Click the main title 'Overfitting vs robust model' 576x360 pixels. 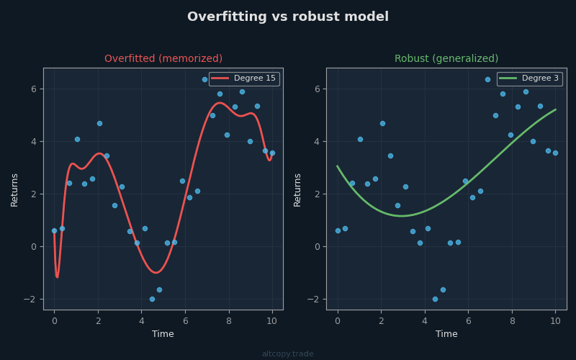tap(288, 17)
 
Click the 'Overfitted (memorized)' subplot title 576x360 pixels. tap(163, 59)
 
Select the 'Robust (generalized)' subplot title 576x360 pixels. tap(446, 59)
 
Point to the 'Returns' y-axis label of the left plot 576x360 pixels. tap(14, 189)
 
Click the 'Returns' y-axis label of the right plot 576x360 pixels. tap(297, 189)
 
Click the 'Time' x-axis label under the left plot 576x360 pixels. tap(163, 334)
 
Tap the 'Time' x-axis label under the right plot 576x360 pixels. tap(446, 334)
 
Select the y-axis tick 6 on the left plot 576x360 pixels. tap(33, 89)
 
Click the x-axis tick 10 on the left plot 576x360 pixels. tap(272, 321)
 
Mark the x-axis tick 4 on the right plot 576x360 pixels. tap(425, 321)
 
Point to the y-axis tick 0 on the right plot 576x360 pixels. tap(316, 247)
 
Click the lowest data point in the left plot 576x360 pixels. tap(152, 299)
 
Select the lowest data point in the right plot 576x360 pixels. tap(436, 299)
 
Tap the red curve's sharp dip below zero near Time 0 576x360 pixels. tap(57, 276)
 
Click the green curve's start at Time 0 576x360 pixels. tap(338, 166)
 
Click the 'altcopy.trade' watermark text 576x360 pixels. tap(288, 354)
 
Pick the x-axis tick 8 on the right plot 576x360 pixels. tap(512, 321)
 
